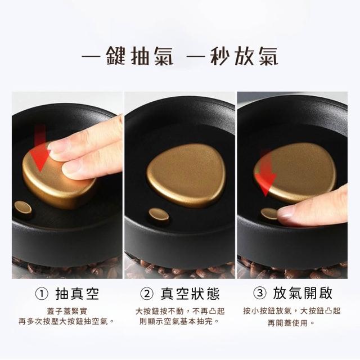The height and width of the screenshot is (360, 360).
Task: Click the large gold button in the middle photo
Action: coord(186,175)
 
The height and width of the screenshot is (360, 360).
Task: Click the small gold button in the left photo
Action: coord(23,208)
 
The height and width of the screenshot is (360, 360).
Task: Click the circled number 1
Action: coord(42,294)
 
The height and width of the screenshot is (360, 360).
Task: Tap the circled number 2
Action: coord(147,294)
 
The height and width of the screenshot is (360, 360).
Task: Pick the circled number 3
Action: coord(260,293)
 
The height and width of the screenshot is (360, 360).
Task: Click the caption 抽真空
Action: coord(77,294)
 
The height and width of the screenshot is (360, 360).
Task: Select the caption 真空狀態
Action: coord(190,294)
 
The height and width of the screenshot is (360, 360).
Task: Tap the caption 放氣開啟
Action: coord(303,293)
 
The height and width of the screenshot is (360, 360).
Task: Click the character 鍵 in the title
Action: coord(116,56)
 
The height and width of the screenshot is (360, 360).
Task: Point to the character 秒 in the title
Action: coord(220,56)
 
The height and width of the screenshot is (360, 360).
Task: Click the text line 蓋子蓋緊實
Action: coord(67,312)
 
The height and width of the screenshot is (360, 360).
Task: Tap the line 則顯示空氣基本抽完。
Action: coord(180,321)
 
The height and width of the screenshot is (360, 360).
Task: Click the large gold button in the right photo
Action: coord(295,173)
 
